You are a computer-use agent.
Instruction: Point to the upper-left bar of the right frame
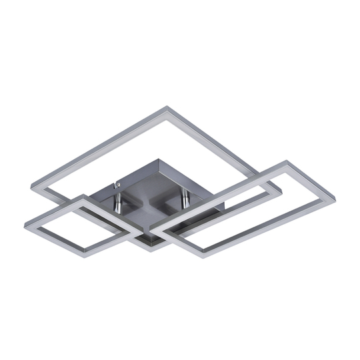(x=220, y=193)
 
